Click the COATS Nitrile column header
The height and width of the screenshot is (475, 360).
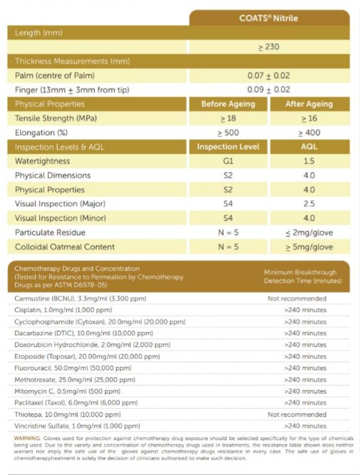269,18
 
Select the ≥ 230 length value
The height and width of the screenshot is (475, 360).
269,47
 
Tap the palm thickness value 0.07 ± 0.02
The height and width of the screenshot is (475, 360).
269,75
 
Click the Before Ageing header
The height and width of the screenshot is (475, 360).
228,104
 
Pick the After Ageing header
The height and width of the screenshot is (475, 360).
309,104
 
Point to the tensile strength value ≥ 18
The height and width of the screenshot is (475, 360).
228,118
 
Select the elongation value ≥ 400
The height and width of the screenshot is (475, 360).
309,133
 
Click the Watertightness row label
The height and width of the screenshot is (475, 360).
42,161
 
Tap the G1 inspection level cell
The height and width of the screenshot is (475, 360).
228,161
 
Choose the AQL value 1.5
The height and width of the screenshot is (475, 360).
309,161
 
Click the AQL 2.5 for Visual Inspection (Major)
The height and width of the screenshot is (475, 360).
309,204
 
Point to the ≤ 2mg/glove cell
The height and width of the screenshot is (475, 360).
309,232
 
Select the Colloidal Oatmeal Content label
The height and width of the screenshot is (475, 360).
65,247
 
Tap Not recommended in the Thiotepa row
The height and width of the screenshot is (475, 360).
297,414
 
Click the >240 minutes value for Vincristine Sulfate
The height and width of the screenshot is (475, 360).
305,426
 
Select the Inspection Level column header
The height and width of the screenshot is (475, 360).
228,147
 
